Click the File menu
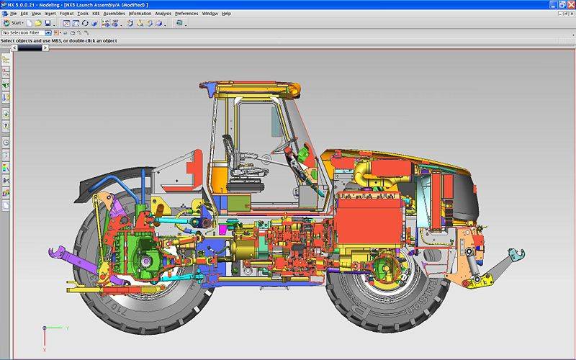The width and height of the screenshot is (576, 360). [x=13, y=14]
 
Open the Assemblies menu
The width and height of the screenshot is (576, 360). [x=114, y=14]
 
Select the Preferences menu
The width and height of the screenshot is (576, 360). [x=186, y=14]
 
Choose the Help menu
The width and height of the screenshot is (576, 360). [x=227, y=14]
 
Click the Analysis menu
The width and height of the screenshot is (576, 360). [x=163, y=14]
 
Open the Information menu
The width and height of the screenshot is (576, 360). [x=140, y=14]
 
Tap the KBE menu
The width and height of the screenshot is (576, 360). [x=96, y=14]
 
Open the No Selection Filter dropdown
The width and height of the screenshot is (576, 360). [x=48, y=32]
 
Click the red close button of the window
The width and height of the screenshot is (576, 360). [x=570, y=4]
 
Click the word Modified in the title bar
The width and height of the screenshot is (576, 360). [x=130, y=5]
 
